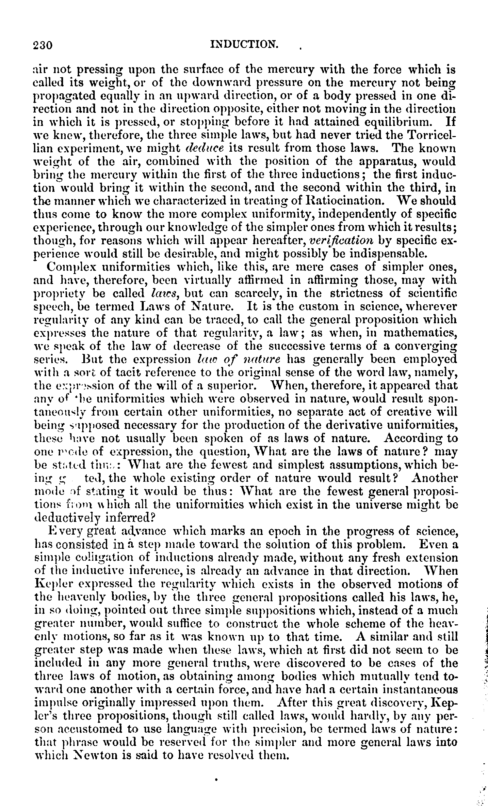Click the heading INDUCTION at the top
pos(244,44)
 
